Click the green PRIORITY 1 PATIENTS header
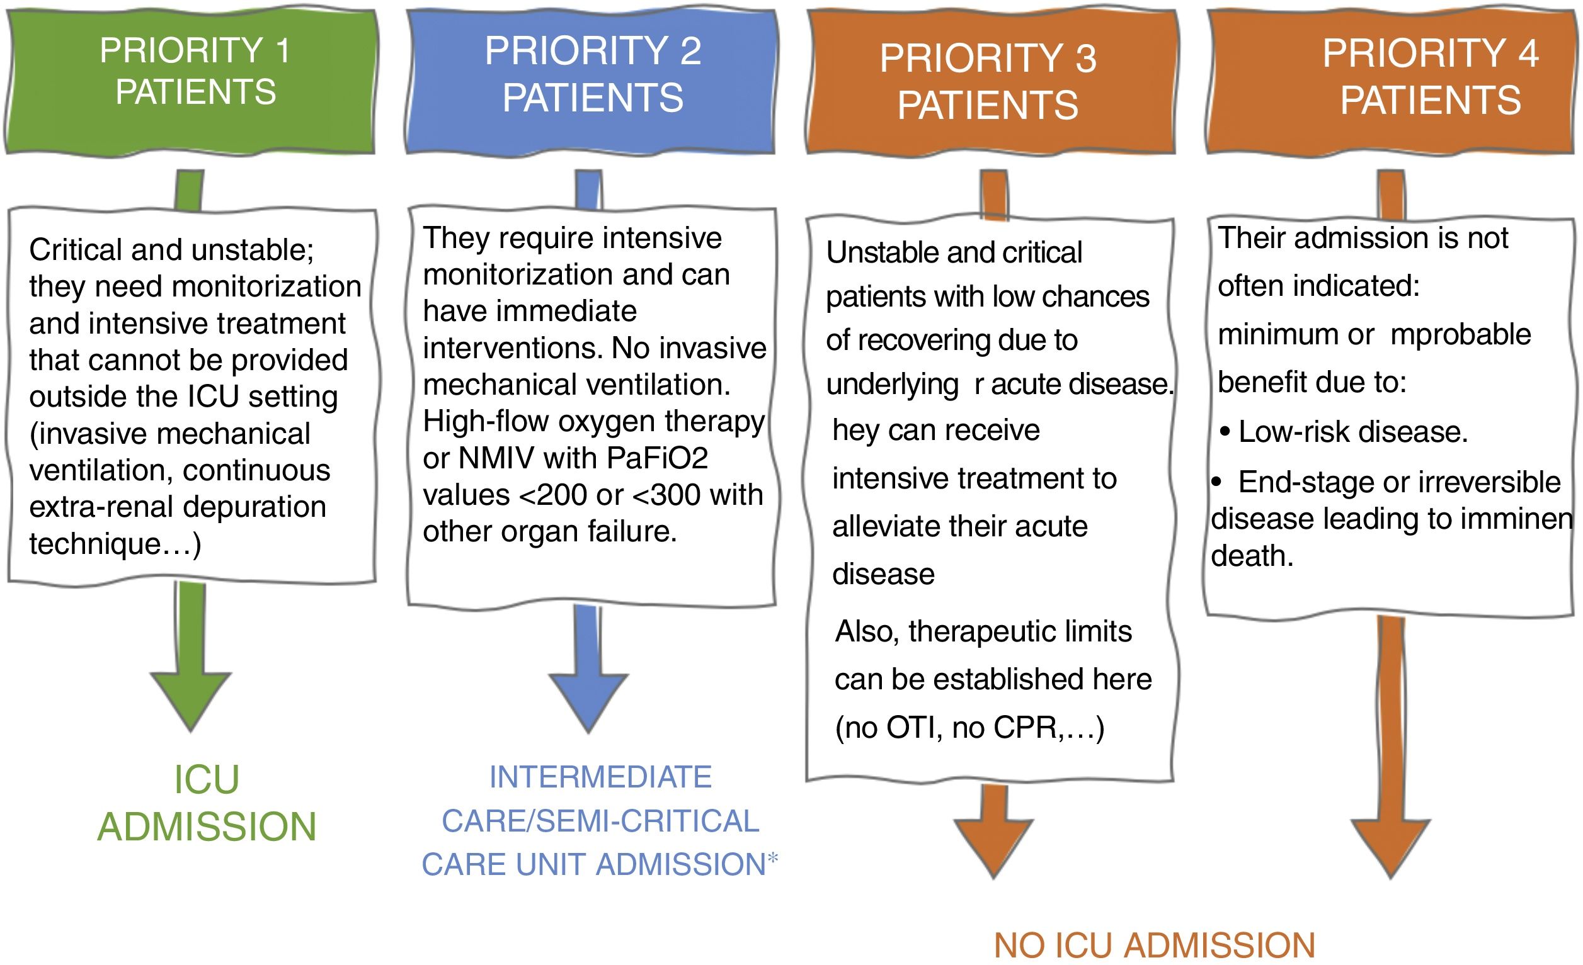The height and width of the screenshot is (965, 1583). (190, 81)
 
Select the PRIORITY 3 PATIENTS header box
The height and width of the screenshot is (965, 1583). (990, 82)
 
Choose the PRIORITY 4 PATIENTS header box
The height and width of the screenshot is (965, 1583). (1392, 81)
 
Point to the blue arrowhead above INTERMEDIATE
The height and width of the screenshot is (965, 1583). (588, 700)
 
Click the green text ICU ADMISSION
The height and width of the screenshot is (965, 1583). (207, 803)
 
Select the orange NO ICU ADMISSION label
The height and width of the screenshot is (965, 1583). (1155, 945)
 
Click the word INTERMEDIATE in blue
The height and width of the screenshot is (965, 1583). (600, 777)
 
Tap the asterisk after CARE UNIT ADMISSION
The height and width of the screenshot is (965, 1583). (772, 857)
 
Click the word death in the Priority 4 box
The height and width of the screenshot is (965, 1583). (1252, 556)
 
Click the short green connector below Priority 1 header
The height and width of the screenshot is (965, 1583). (189, 190)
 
